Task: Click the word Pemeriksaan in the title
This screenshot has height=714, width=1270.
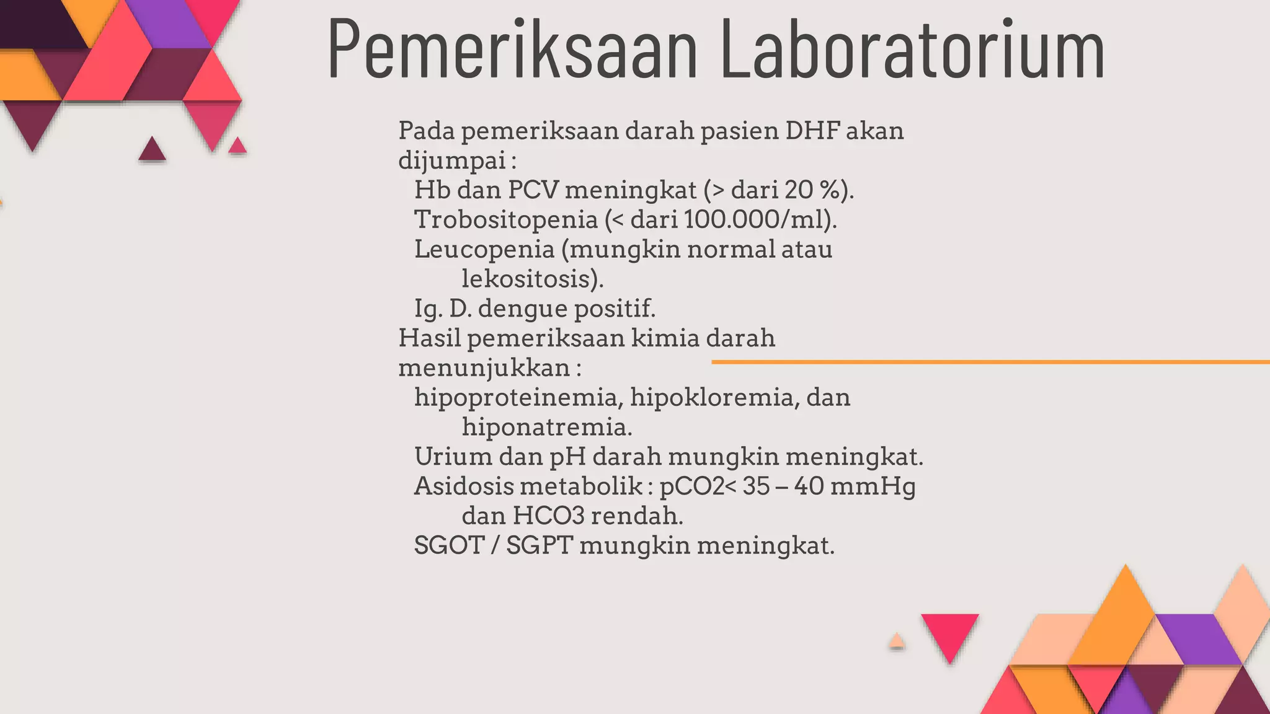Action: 512,50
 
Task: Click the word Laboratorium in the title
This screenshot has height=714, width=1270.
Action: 912,50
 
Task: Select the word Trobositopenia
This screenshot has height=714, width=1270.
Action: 505,219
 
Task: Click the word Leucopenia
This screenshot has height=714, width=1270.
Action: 484,249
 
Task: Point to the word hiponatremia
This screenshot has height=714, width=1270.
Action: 546,427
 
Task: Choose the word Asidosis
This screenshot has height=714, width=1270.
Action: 463,487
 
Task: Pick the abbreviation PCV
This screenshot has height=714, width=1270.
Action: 533,190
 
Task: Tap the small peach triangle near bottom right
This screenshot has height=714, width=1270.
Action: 896,641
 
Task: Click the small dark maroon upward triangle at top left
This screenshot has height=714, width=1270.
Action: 152,151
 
